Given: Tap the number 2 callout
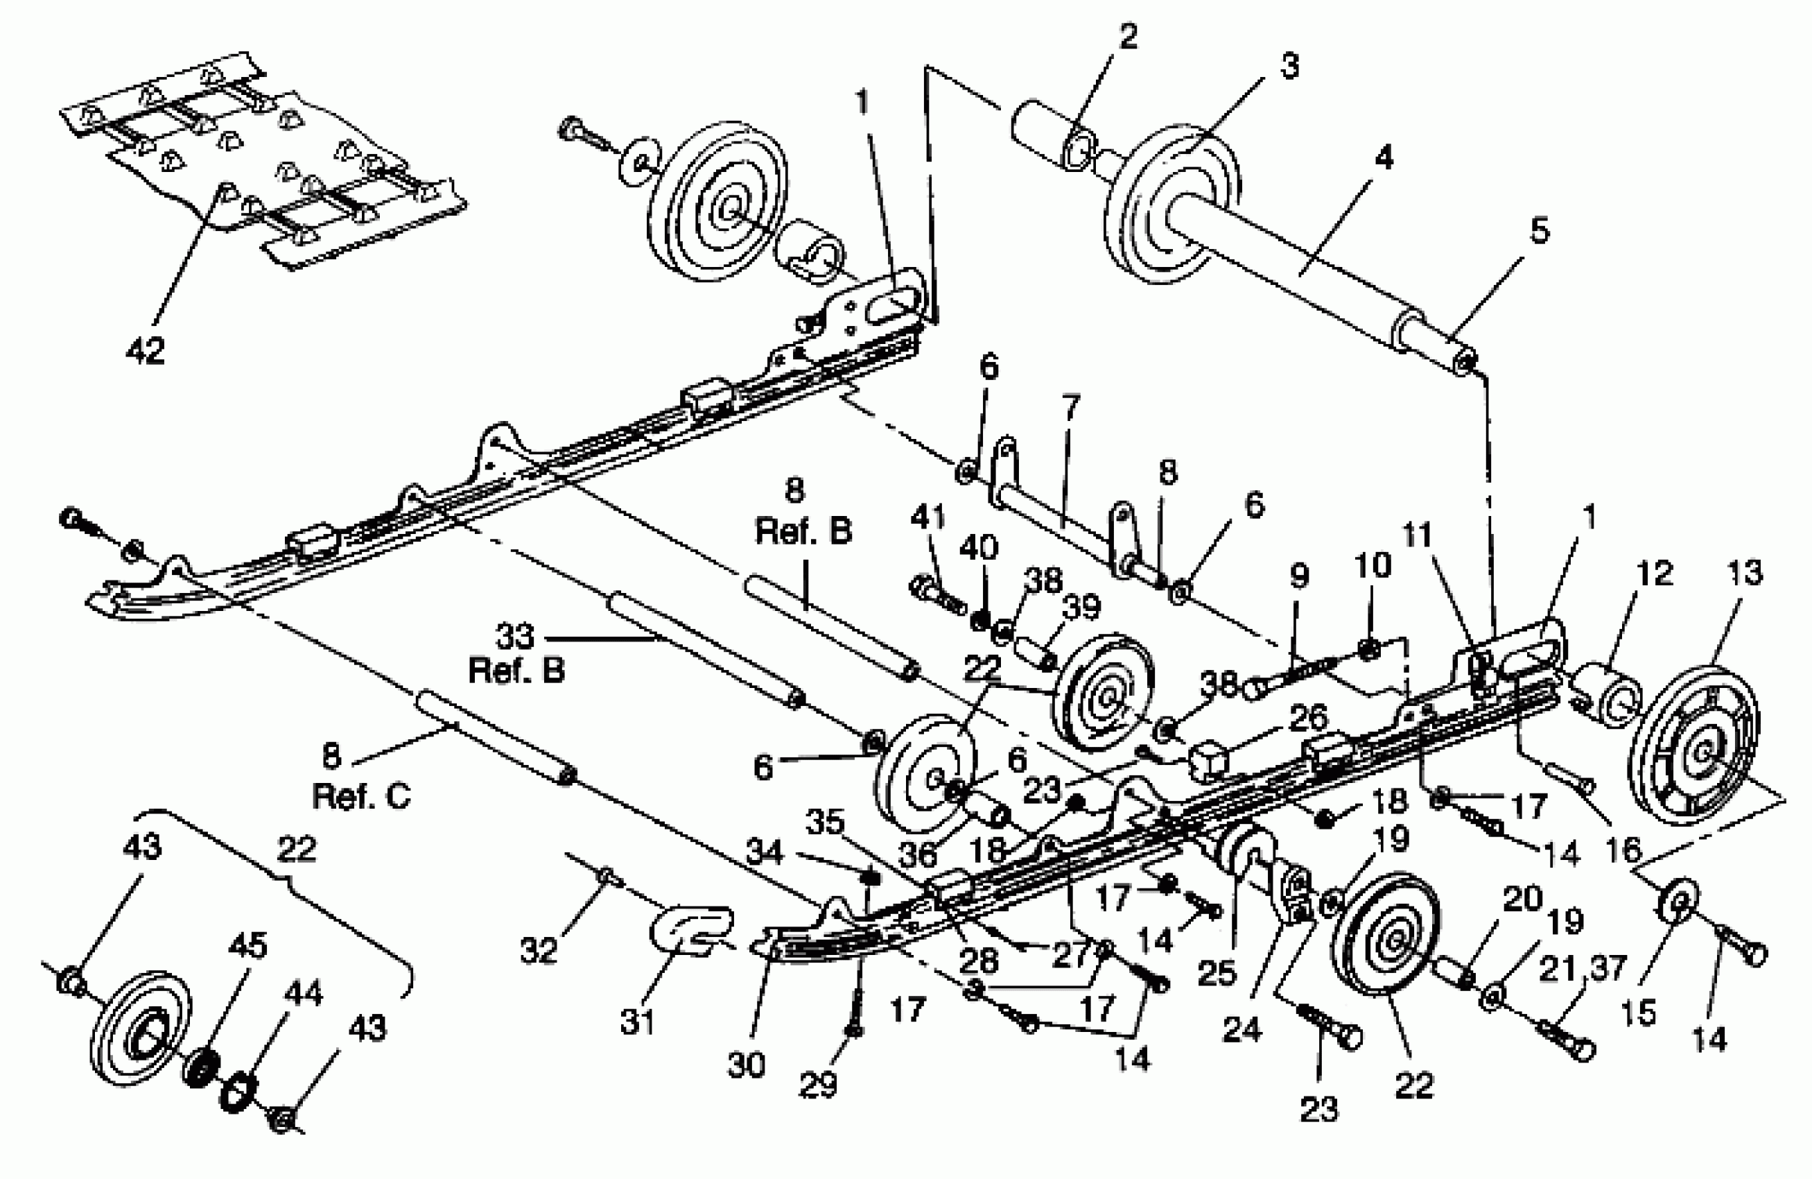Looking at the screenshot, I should tap(1127, 37).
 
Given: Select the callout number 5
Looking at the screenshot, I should tap(1540, 230).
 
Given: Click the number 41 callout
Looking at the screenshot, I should tap(928, 518).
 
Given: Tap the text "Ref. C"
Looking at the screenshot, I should tap(361, 797).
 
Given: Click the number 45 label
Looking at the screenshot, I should tap(247, 946).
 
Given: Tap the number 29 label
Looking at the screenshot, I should tap(818, 1085).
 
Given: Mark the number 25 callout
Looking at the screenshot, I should tap(1217, 972).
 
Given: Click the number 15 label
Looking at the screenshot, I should tap(1639, 1012).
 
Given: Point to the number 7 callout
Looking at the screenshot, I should tap(1070, 408).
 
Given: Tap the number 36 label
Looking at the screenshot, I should tap(916, 854).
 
